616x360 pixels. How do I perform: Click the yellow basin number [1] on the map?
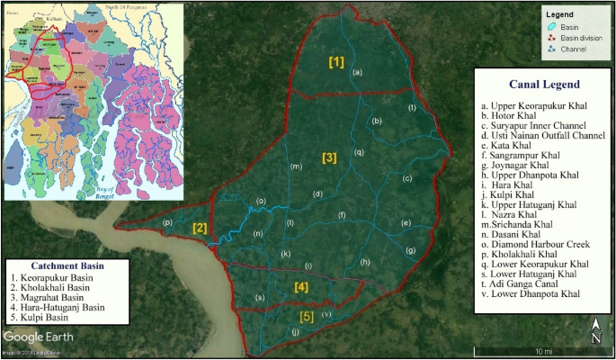tap(336, 62)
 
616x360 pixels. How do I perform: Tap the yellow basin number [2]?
tap(200, 228)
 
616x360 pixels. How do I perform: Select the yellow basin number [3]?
tap(329, 158)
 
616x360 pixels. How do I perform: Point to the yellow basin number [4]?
tap(301, 287)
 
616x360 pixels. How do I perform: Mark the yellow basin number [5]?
tap(308, 316)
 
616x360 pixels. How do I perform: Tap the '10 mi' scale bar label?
tap(543, 349)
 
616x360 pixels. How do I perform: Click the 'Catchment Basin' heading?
tap(67, 266)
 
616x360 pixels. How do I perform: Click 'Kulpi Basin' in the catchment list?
tap(50, 318)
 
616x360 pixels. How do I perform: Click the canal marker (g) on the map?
tap(411, 249)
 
